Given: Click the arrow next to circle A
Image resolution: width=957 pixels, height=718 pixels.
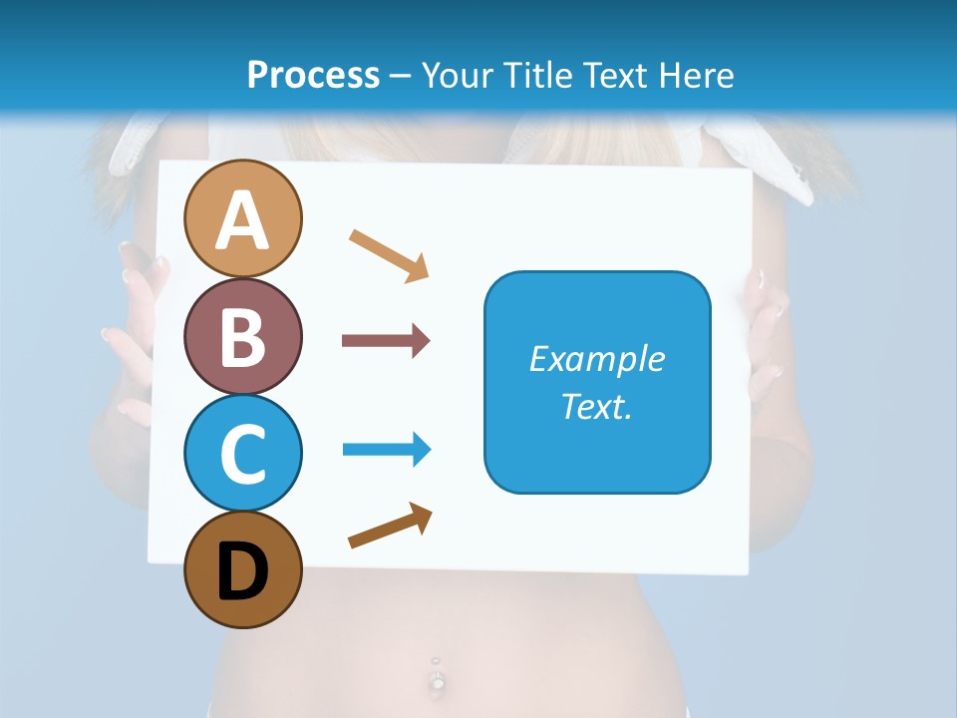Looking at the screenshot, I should coord(389,255).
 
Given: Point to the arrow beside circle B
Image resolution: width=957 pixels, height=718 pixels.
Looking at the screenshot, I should coord(386,341).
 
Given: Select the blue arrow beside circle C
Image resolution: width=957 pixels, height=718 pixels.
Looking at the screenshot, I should coord(386,450).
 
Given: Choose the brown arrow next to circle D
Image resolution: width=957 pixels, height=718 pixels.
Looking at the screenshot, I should coord(390,526).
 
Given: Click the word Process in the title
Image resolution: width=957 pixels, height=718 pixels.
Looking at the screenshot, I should coord(313,75).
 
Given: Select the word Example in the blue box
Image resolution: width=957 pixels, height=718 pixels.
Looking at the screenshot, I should coord(597,359).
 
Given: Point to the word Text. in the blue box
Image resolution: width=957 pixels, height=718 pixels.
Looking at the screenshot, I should coord(597,406).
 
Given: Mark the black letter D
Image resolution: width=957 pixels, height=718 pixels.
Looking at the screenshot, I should coord(242,571).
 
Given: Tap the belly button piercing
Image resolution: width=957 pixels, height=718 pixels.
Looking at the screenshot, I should coord(436,678).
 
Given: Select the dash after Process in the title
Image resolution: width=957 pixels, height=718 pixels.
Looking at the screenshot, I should coord(400,76).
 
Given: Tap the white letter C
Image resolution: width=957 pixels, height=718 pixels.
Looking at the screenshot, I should coord(242,454).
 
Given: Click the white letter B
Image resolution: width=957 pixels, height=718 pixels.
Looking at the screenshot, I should coord(242,337).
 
